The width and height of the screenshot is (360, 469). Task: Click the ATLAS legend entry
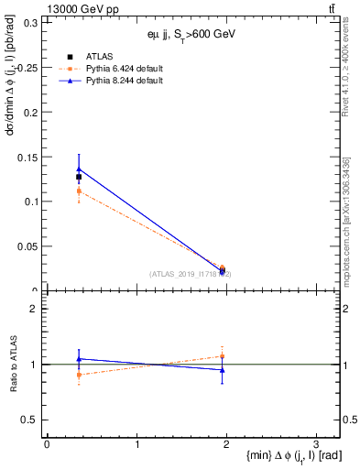(100, 57)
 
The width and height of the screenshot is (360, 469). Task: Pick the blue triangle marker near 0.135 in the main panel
(79, 169)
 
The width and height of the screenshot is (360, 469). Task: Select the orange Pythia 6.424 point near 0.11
(79, 191)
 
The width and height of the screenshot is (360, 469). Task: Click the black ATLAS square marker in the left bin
(79, 177)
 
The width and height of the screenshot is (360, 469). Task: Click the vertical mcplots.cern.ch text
(347, 220)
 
